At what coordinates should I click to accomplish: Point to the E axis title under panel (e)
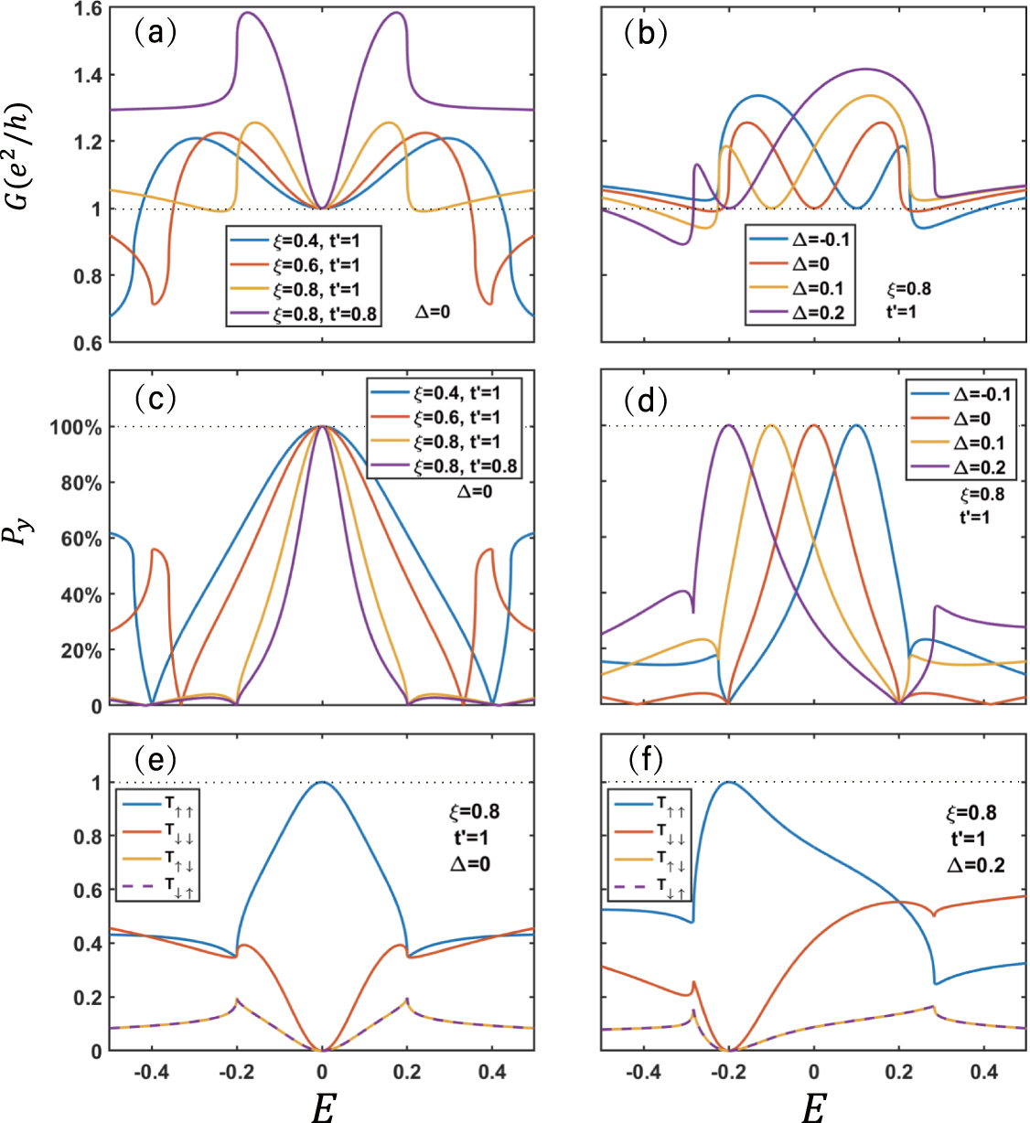[x=322, y=1107]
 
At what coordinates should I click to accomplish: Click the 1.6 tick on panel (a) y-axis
[x=88, y=8]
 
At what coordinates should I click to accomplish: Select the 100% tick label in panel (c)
[x=80, y=427]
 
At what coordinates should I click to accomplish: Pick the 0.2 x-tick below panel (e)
[x=406, y=1071]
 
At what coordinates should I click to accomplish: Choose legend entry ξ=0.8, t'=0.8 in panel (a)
[x=325, y=314]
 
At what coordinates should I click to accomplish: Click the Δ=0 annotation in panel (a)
[x=432, y=311]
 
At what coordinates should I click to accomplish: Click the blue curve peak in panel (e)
[x=322, y=783]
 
